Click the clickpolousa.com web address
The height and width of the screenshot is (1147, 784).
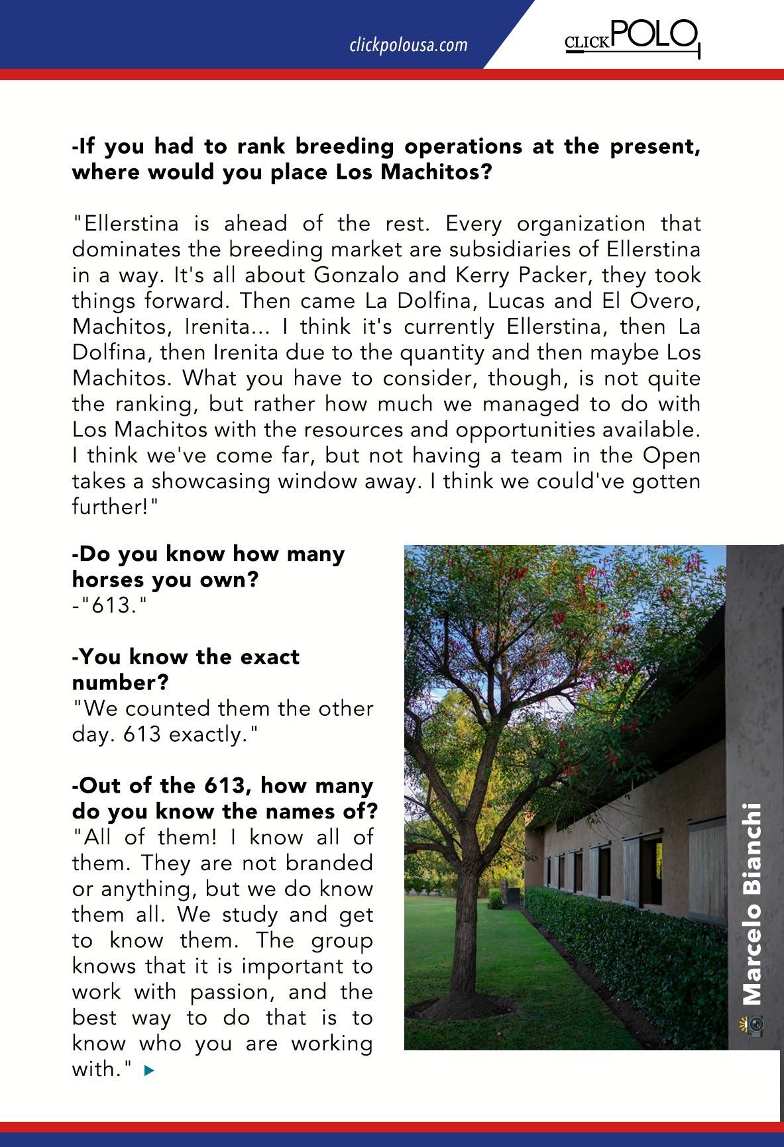click(408, 45)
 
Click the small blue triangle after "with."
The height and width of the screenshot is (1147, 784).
click(148, 1070)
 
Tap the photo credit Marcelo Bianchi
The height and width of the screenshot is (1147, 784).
click(752, 904)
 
